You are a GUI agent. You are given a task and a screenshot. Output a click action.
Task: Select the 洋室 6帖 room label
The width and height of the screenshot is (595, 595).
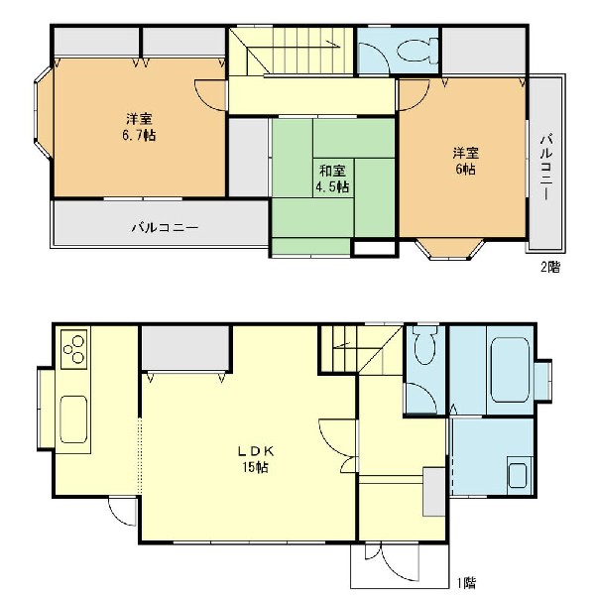(464, 161)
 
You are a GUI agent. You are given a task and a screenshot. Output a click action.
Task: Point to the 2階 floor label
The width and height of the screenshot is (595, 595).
(549, 267)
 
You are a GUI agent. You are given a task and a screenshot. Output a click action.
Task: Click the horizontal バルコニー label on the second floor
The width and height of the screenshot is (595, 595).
(166, 227)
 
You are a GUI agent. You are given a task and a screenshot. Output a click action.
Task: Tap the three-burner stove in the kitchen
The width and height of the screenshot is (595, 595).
(74, 350)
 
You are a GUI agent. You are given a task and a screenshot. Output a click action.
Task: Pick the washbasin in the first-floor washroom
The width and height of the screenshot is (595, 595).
(517, 474)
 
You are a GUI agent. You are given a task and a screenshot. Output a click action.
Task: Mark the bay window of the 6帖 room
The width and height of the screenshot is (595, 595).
(451, 248)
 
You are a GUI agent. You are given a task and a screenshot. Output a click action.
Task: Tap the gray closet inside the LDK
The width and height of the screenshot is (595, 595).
(184, 350)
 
